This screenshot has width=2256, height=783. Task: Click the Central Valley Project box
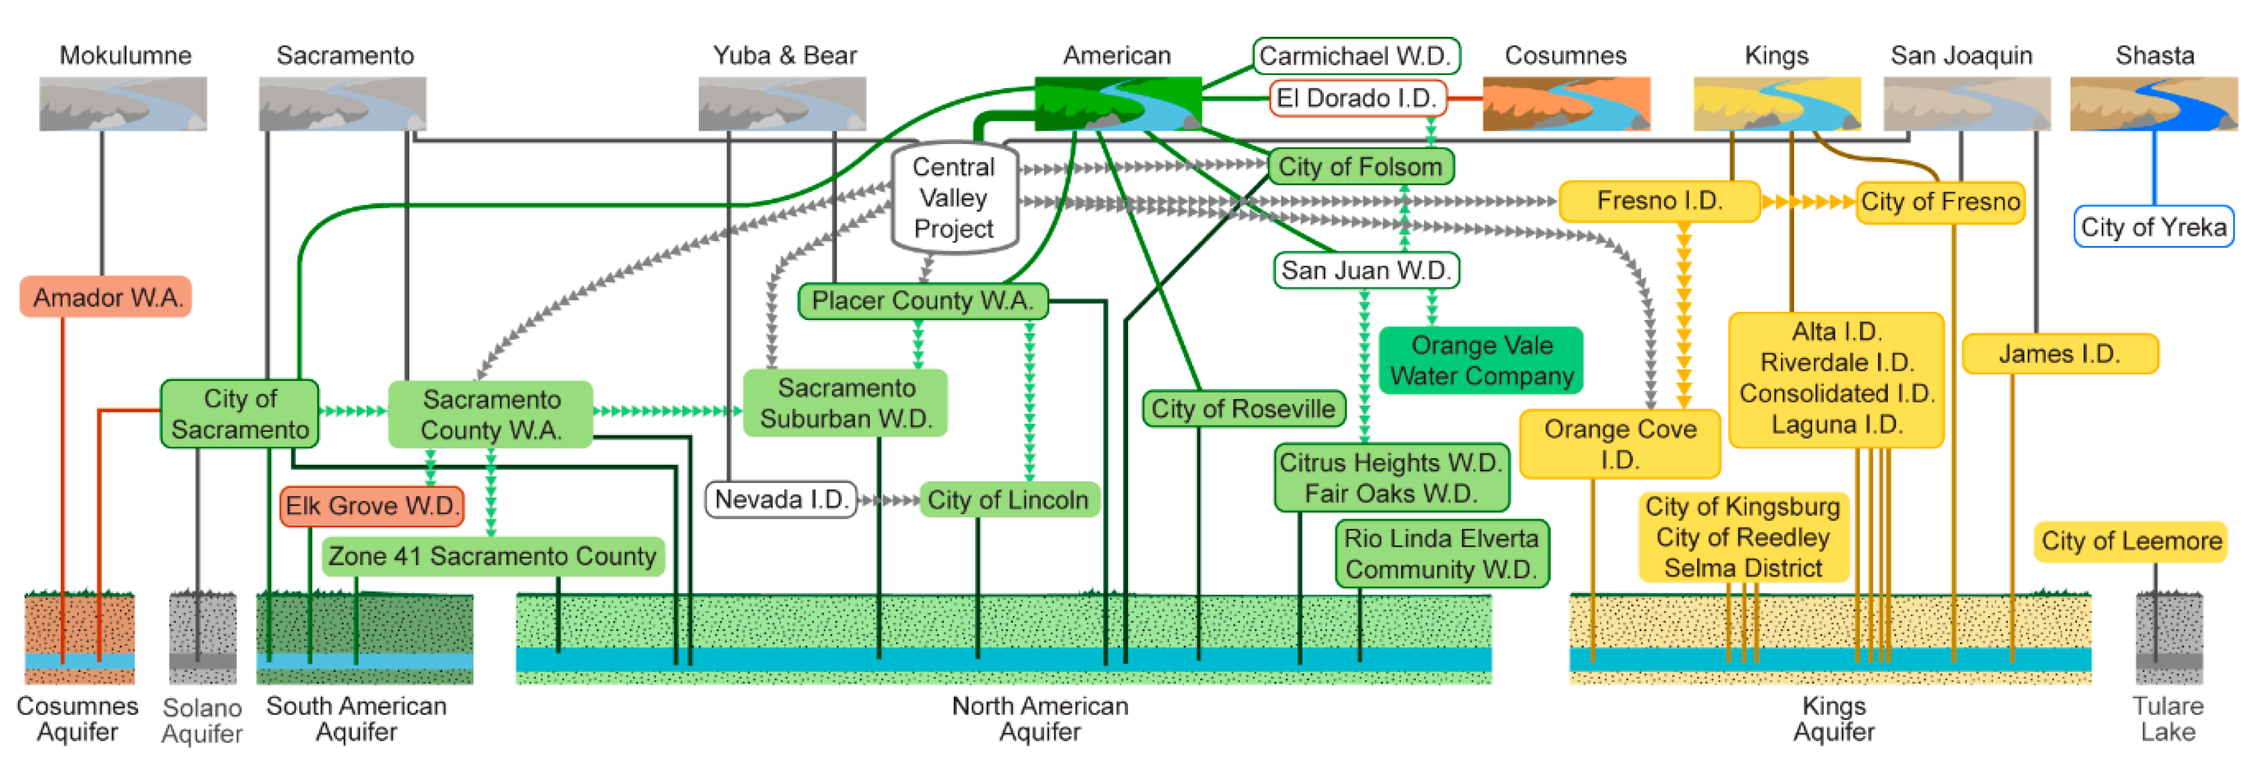(954, 198)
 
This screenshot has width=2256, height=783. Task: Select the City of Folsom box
(1360, 166)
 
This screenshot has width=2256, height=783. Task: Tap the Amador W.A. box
(107, 298)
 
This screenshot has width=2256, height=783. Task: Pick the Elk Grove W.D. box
(371, 506)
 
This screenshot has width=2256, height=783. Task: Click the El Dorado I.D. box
(1356, 98)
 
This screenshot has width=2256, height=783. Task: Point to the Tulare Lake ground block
(2169, 638)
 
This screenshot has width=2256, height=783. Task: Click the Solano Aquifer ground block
(203, 638)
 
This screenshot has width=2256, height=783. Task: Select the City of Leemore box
(2131, 541)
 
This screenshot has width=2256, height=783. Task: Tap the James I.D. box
(2059, 354)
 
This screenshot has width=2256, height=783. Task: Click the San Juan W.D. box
(1366, 271)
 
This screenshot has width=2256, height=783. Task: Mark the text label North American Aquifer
(1039, 718)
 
